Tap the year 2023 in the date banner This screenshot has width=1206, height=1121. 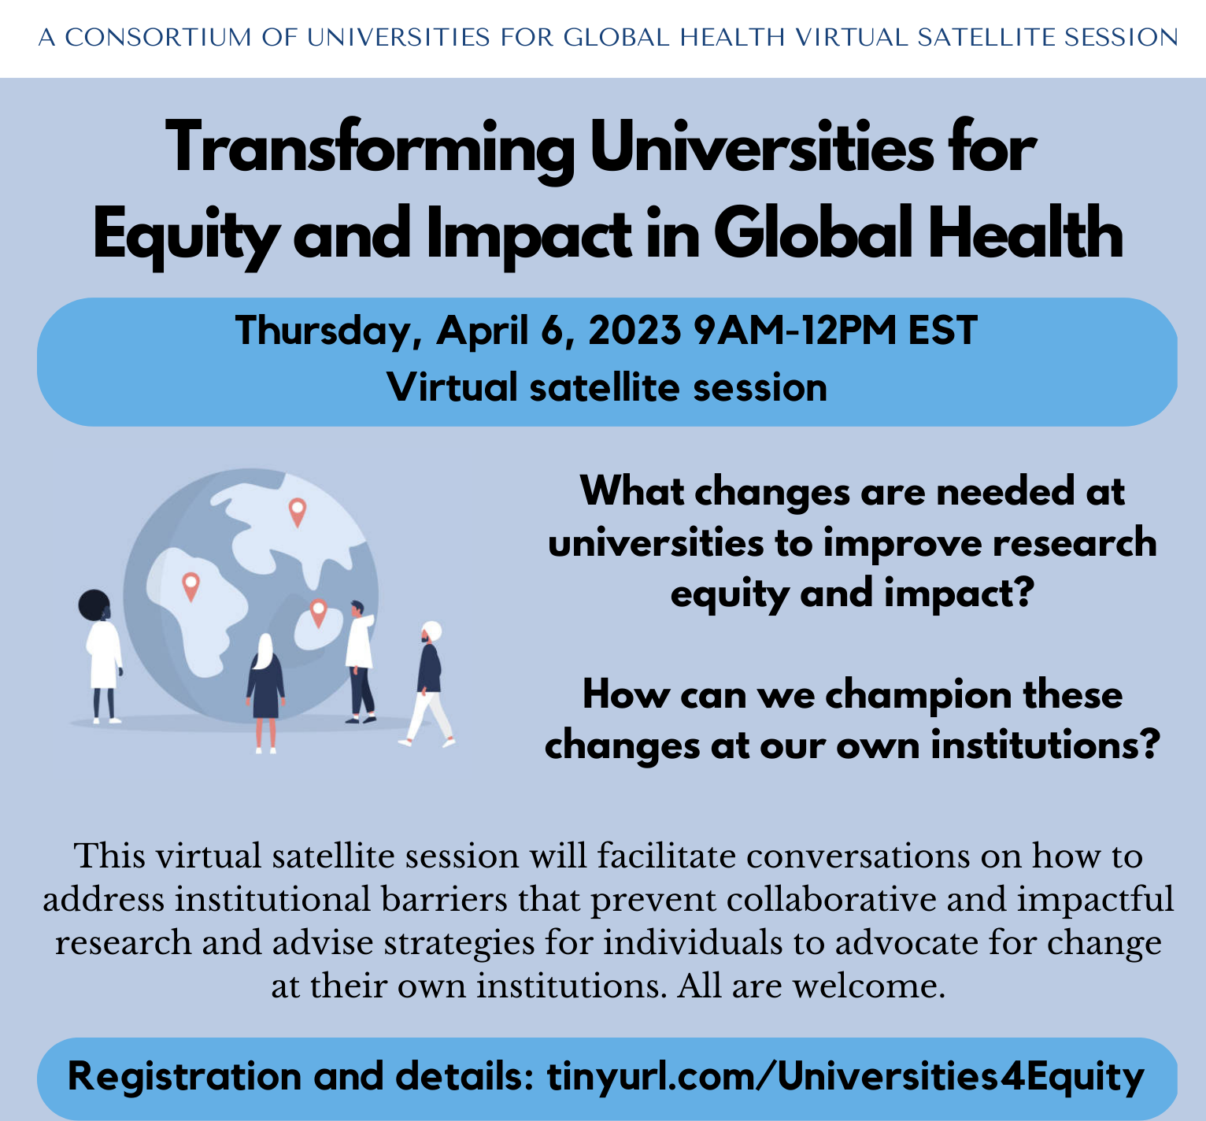pyautogui.click(x=634, y=330)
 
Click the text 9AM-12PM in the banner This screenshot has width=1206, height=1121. pyautogui.click(x=795, y=330)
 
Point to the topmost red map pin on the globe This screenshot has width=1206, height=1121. pyautogui.click(x=297, y=512)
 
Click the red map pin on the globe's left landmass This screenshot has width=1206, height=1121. pyautogui.click(x=191, y=586)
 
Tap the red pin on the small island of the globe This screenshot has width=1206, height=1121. pyautogui.click(x=318, y=612)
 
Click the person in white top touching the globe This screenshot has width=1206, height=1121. pyautogui.click(x=360, y=661)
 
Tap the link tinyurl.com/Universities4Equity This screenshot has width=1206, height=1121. pyautogui.click(x=845, y=1077)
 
